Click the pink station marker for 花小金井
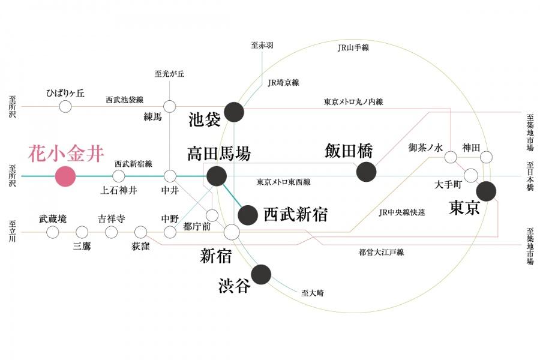(65, 176)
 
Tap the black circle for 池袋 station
(234, 111)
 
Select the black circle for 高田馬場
(217, 176)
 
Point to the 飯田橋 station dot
(366, 172)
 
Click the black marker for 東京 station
(486, 191)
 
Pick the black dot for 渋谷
(261, 274)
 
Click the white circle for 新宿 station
(232, 232)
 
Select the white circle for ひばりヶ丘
(65, 107)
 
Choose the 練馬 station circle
(170, 106)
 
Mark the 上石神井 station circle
(119, 176)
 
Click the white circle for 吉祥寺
(111, 232)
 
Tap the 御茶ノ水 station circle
(450, 158)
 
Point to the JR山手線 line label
(354, 48)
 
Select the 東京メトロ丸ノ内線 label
(353, 102)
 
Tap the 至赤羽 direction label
(263, 46)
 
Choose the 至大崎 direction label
(312, 293)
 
